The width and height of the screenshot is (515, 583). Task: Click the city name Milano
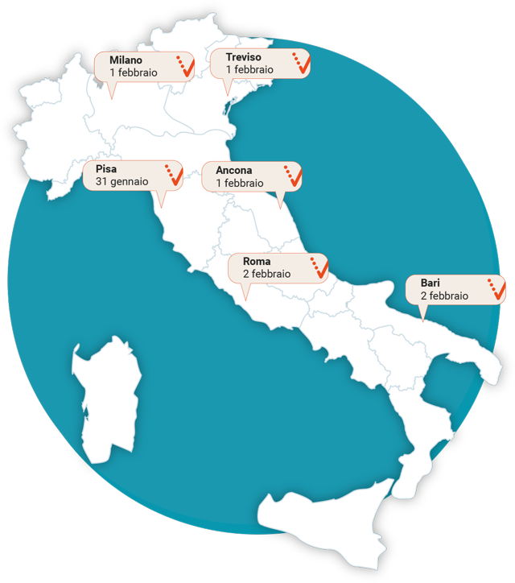pos(126,60)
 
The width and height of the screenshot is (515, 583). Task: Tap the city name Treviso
pos(243,57)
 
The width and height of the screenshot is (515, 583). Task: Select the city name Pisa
pos(105,169)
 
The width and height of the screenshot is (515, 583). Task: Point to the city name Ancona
pos(234,171)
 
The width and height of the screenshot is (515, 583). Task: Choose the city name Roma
pos(257,262)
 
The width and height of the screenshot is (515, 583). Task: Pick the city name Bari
pos(430,283)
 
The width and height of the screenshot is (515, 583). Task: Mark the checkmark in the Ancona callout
pos(293,176)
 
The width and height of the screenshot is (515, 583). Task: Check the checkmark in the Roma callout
pos(319,267)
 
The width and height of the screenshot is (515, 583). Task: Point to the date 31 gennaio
pos(122,182)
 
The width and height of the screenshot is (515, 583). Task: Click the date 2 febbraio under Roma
pos(267,274)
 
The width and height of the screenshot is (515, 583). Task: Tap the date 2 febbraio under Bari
pos(444,296)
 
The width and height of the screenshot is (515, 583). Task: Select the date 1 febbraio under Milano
pos(134,72)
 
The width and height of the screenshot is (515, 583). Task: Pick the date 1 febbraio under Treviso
pos(249,70)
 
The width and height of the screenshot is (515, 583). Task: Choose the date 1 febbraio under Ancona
pos(240,184)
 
